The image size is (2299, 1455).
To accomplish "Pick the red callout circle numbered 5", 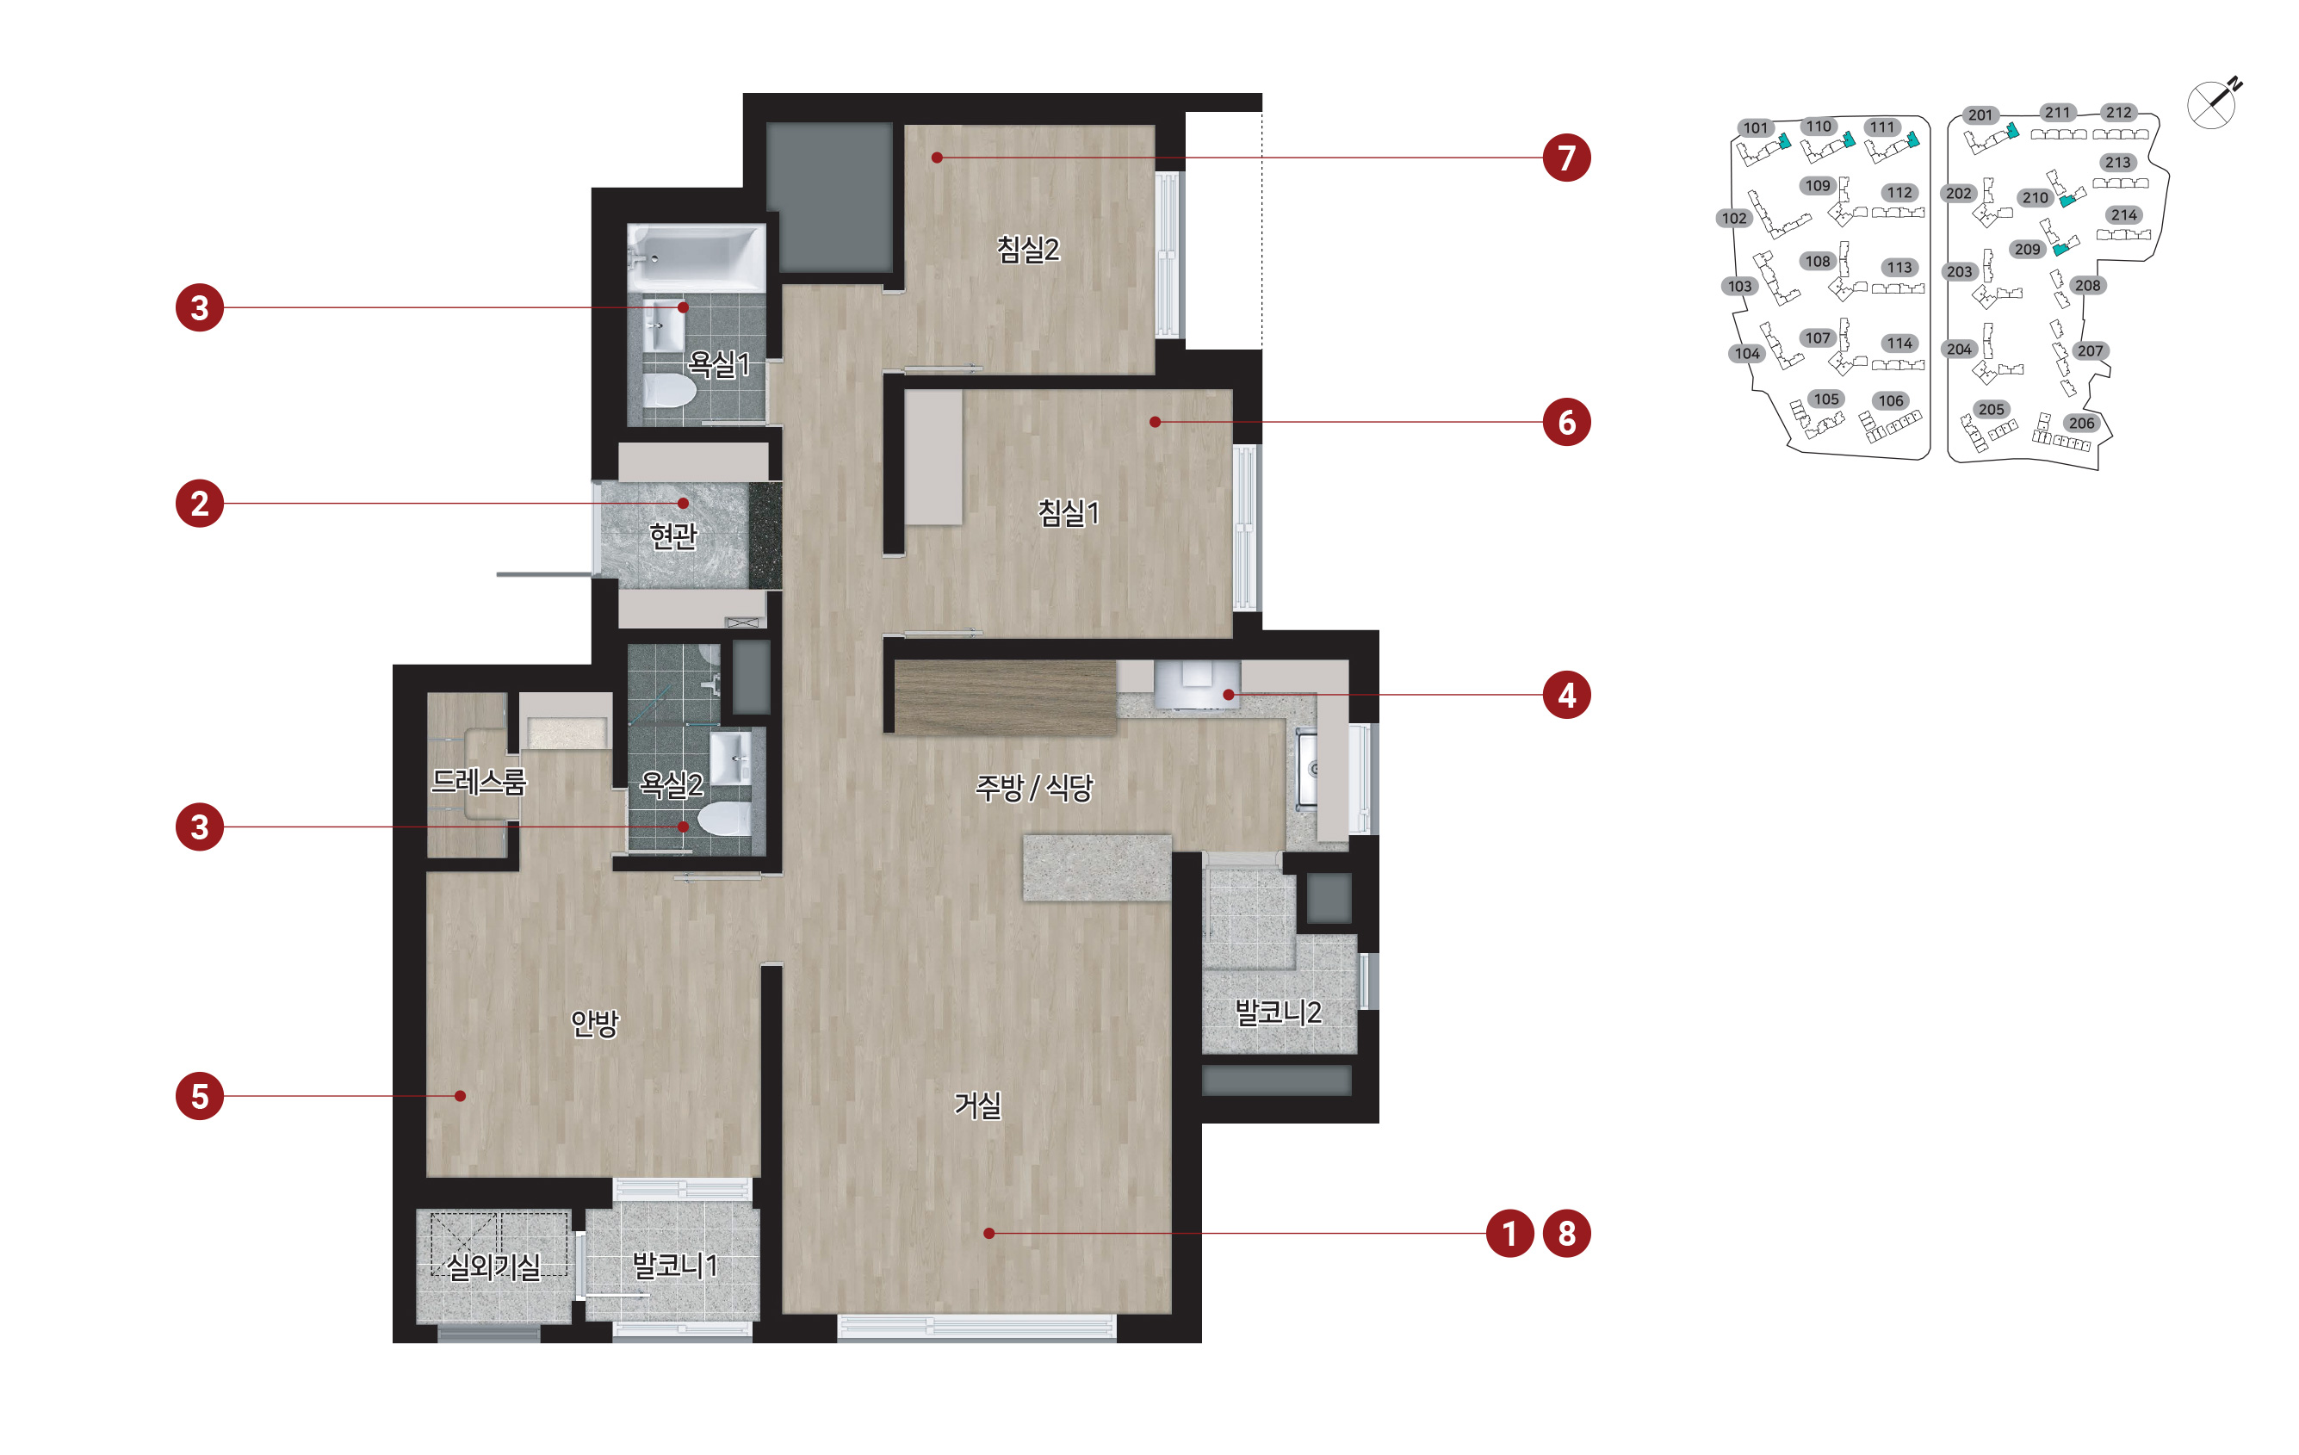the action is pos(200,1096).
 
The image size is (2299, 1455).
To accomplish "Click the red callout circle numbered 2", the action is pos(200,503).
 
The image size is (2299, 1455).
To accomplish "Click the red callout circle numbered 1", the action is pos(1509,1234).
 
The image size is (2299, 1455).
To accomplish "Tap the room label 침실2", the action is pos(1027,249).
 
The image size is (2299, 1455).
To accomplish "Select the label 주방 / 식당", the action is pos(1034,788).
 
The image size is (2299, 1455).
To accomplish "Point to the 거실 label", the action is pos(977,1105).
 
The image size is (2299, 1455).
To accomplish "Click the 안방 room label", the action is pos(595,1023).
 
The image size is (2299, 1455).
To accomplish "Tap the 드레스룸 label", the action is pos(479,782).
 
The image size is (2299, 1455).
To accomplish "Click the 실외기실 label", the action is pos(493,1267).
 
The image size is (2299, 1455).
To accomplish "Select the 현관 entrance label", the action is pos(673,536).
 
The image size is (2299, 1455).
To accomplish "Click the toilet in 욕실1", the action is pos(668,389).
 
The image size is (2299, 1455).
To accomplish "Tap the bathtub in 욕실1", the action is pos(696,257).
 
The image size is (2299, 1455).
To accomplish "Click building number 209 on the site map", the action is pos(2027,249).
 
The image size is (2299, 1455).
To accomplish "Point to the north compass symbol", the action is pos(2214,102).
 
